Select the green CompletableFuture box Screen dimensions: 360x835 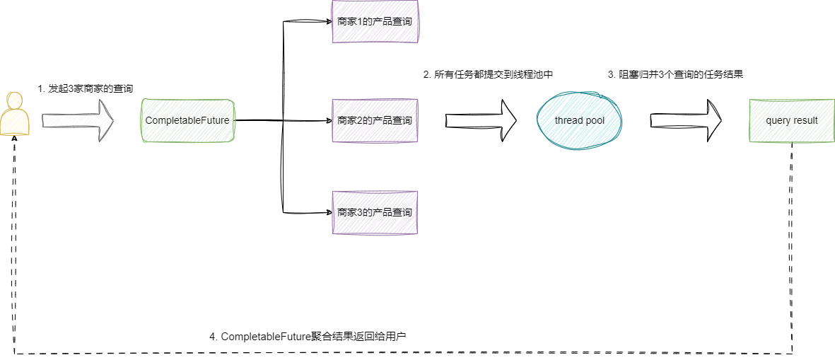coord(187,121)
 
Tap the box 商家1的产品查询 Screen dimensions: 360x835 coord(375,22)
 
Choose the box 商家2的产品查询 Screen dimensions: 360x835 coord(375,120)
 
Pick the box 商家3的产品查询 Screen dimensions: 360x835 coord(375,212)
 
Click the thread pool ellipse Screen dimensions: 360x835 coord(579,121)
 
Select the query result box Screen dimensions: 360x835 coord(791,121)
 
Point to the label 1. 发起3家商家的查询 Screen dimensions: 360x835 coord(86,89)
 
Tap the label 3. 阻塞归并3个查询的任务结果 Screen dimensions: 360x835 coord(676,74)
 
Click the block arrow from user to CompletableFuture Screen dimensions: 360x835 coord(78,120)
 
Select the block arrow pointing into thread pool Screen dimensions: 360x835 coord(481,120)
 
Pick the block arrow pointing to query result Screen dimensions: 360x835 coord(686,120)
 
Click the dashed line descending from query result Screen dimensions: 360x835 coord(791,248)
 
